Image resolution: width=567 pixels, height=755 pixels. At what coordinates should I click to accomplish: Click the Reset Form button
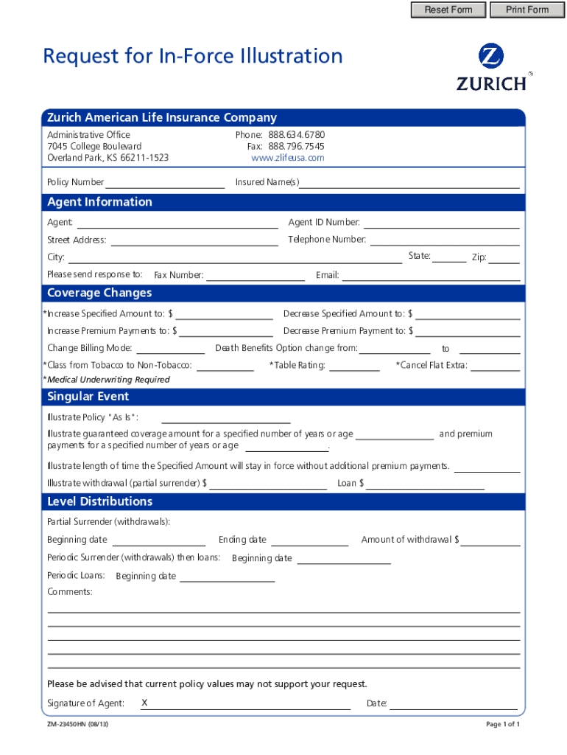pyautogui.click(x=448, y=10)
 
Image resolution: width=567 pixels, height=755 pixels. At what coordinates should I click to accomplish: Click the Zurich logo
pyautogui.click(x=491, y=67)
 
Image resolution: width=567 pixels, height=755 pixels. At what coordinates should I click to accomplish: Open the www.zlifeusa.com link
pyautogui.click(x=287, y=158)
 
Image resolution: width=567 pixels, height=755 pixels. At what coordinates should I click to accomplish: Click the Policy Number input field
pyautogui.click(x=165, y=182)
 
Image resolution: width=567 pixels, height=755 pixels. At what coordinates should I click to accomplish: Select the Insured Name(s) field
pyautogui.click(x=409, y=182)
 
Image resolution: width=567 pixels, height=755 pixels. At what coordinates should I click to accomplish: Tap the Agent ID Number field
pyautogui.click(x=441, y=223)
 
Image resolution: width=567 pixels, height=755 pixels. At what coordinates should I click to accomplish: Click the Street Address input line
pyautogui.click(x=194, y=240)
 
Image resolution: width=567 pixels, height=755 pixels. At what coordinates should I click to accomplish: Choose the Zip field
pyautogui.click(x=504, y=257)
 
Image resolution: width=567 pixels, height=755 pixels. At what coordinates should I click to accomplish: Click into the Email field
pyautogui.click(x=431, y=276)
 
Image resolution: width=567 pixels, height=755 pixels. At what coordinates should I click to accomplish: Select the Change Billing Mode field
pyautogui.click(x=171, y=348)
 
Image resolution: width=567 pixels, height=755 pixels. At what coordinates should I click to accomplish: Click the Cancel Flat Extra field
pyautogui.click(x=496, y=365)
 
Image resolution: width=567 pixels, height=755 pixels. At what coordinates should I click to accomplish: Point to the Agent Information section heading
pyautogui.click(x=99, y=202)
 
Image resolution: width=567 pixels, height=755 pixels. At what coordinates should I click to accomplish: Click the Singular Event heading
pyautogui.click(x=88, y=397)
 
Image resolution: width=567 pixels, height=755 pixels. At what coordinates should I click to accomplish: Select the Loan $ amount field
pyautogui.click(x=426, y=484)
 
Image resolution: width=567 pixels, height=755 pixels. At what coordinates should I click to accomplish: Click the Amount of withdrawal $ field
pyautogui.click(x=490, y=540)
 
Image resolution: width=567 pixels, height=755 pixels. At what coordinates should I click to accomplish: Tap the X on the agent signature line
pyautogui.click(x=144, y=703)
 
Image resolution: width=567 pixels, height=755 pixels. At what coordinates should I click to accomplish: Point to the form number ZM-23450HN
pyautogui.click(x=77, y=724)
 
